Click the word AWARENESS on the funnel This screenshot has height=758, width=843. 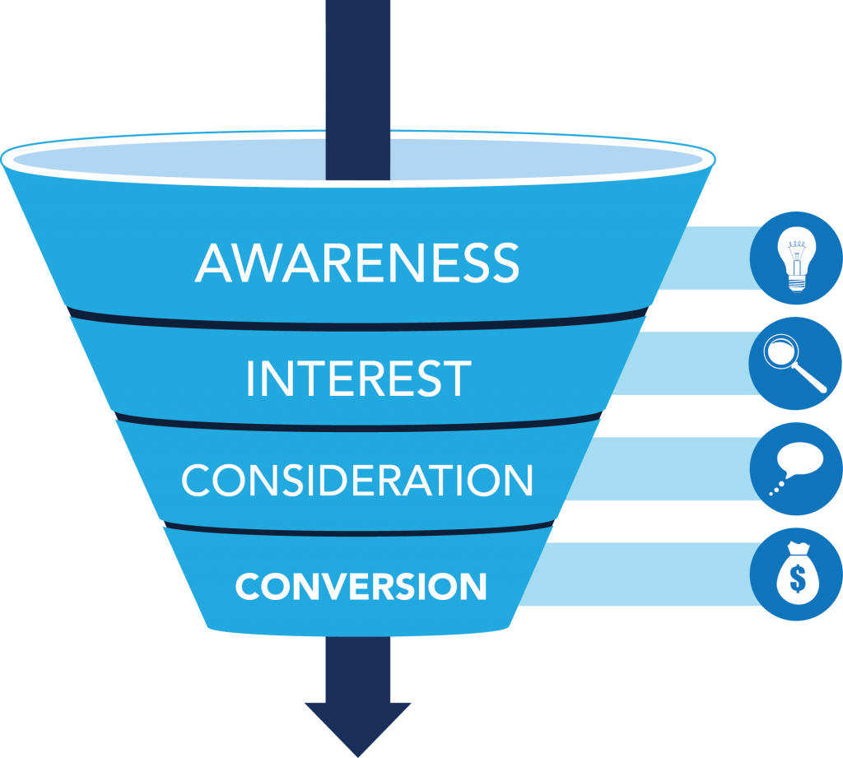point(357,263)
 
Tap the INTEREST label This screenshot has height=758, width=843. point(358,378)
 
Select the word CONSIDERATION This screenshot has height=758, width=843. point(357,480)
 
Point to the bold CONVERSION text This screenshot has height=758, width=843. point(361,586)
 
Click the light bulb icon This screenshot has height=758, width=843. point(795,258)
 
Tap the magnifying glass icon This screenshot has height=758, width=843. point(795,363)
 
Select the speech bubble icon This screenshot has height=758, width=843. point(795,468)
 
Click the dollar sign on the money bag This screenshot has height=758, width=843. point(797,579)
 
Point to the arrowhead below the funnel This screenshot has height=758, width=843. point(357,724)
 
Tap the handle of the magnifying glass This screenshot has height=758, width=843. point(812,379)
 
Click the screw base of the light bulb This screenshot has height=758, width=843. point(795,281)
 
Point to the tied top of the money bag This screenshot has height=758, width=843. point(796,549)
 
